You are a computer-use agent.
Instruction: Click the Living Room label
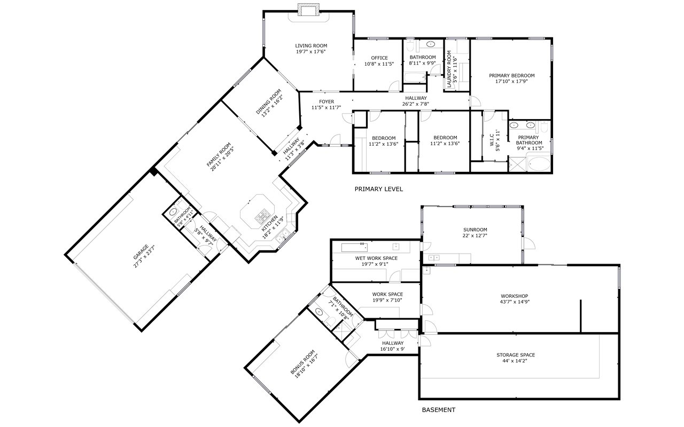(310, 46)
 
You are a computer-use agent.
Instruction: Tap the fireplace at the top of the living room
(308, 10)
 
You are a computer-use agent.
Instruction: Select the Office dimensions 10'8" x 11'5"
(379, 64)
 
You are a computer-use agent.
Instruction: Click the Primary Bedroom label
(511, 76)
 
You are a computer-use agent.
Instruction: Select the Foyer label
(326, 101)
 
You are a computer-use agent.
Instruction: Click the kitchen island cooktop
(262, 217)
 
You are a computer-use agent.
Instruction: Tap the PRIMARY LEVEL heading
(378, 189)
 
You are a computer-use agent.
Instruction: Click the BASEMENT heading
(438, 410)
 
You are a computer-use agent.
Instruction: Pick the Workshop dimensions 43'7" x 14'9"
(514, 302)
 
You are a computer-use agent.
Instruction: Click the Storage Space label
(515, 355)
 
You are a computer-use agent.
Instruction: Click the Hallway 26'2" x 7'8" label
(415, 98)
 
